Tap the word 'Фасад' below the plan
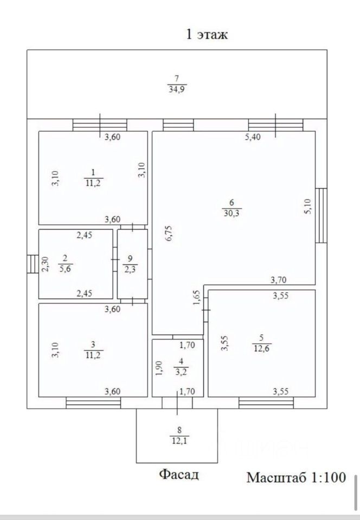[179, 475]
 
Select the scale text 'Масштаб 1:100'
[296, 477]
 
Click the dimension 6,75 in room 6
[168, 234]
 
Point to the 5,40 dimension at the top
[253, 138]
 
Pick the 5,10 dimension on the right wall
[307, 206]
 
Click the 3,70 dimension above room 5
[279, 280]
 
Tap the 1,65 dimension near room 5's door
[196, 298]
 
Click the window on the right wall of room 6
[321, 215]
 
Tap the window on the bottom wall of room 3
[93, 402]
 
